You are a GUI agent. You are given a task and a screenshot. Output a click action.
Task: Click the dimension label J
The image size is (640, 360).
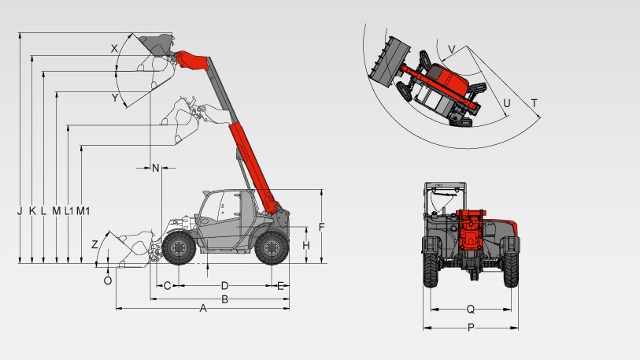(x=20, y=211)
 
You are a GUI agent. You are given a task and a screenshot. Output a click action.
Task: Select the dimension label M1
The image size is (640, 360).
(x=83, y=211)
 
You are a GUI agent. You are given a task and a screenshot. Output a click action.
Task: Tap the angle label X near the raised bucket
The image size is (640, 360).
(x=114, y=49)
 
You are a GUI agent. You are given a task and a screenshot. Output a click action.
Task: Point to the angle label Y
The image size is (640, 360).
(x=115, y=98)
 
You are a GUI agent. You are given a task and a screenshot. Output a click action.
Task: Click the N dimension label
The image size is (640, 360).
(x=156, y=168)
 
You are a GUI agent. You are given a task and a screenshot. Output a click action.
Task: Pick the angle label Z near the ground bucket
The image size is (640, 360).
(x=94, y=245)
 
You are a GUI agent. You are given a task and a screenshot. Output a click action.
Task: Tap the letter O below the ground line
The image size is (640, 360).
(x=108, y=280)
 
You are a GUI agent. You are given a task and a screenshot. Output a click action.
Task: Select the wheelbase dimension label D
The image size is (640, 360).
(x=224, y=286)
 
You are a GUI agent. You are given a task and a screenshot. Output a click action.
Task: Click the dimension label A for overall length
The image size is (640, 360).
(x=203, y=309)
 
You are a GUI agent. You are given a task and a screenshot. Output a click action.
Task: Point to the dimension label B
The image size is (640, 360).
(x=224, y=299)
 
